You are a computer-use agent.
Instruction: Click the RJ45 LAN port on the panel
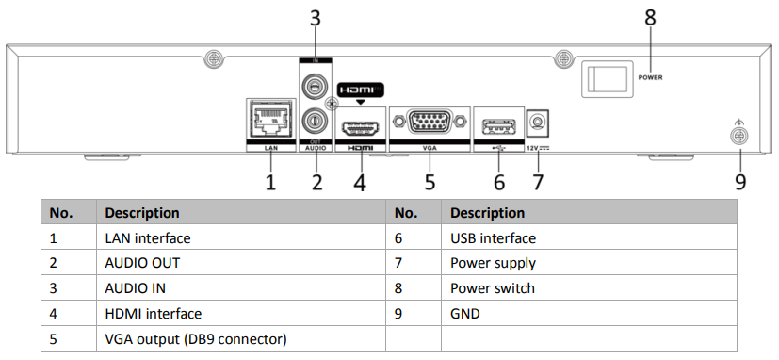click(x=270, y=120)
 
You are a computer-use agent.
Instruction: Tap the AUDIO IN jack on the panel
click(x=313, y=87)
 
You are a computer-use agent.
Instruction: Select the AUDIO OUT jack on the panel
click(x=313, y=120)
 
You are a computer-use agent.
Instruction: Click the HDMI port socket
click(x=361, y=128)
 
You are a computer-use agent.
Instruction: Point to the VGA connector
click(x=430, y=121)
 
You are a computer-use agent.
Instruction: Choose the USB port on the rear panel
click(x=498, y=127)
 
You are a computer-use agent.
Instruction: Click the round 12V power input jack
click(x=538, y=122)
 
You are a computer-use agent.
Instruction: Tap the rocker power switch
click(x=608, y=78)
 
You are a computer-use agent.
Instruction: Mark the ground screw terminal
click(x=738, y=137)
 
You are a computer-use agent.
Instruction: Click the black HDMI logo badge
click(x=360, y=90)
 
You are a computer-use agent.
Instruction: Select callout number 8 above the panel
click(x=650, y=18)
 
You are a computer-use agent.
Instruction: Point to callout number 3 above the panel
click(x=315, y=18)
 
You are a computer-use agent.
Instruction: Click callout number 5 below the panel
click(x=430, y=182)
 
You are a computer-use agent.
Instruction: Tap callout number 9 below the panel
click(x=740, y=182)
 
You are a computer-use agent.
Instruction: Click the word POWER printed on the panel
click(x=650, y=77)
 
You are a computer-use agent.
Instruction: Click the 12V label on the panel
click(x=531, y=148)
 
